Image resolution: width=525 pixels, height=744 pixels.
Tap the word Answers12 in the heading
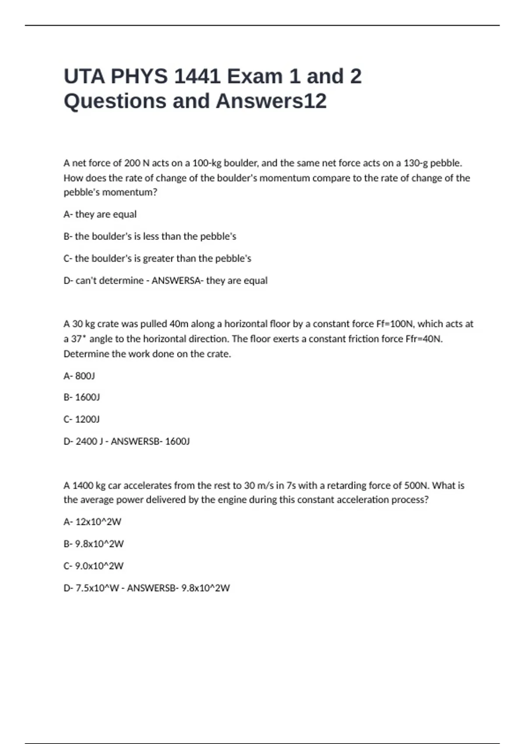click(x=271, y=101)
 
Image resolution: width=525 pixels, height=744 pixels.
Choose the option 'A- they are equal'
click(x=100, y=214)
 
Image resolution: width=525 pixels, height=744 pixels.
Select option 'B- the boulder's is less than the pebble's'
click(x=150, y=236)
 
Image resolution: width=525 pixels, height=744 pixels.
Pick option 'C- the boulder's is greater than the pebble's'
click(x=157, y=259)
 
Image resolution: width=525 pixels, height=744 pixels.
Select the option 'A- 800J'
click(x=79, y=376)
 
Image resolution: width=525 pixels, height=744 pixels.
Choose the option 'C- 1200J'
click(x=81, y=419)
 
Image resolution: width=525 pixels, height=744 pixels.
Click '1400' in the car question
click(x=83, y=485)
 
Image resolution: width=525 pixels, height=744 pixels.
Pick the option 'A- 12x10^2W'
click(x=92, y=522)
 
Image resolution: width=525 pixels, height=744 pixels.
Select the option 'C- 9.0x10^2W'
click(x=94, y=566)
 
